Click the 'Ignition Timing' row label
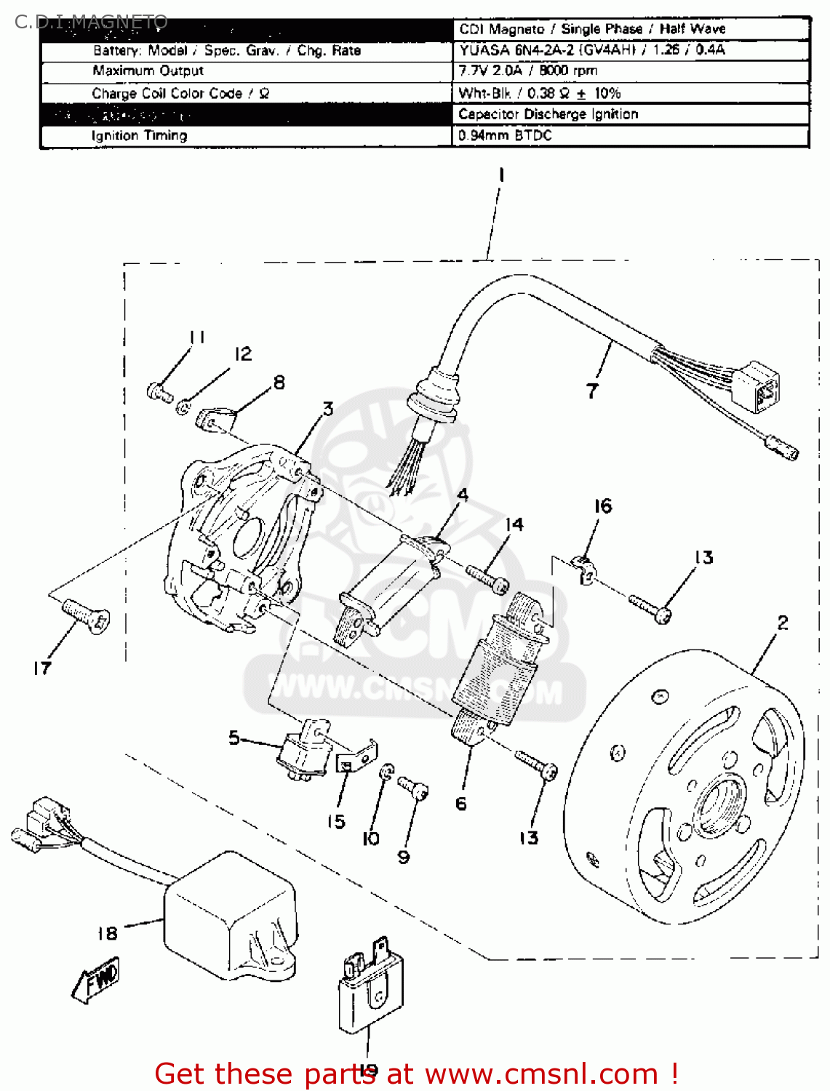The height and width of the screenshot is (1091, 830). coord(139,136)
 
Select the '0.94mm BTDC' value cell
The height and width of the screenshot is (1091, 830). coord(505,136)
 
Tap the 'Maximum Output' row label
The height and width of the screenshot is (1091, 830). coord(148,71)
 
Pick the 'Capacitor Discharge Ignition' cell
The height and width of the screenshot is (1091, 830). coord(548,114)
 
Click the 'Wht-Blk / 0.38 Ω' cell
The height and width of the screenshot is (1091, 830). coord(539,93)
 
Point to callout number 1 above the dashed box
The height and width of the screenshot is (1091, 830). coord(500,175)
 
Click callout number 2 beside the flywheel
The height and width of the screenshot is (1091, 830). coord(782,623)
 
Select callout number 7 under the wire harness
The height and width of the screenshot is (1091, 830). coord(592,391)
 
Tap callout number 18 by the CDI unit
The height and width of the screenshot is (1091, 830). coord(107,933)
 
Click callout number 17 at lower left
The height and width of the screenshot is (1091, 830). coord(42,668)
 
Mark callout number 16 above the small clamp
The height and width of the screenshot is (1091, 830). coord(603,506)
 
